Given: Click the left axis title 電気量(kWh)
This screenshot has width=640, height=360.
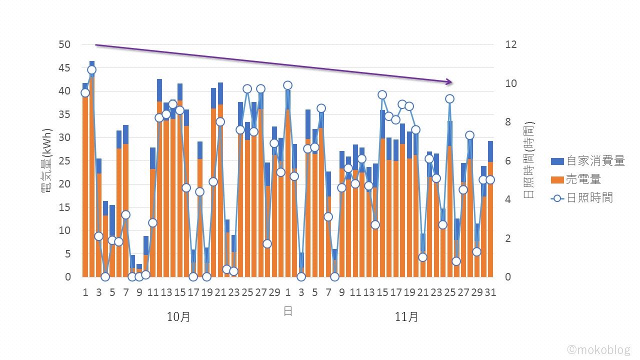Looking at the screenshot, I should coord(48,160).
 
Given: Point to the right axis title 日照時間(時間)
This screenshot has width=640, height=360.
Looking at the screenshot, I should coord(529,160).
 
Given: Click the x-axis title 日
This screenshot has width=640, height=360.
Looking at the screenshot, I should coord(288,311).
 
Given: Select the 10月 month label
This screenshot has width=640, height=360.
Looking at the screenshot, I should coord(178,317).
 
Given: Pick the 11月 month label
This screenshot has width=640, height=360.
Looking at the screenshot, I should coord(406,317).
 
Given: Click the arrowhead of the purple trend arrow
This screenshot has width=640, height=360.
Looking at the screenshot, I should coord(449,82).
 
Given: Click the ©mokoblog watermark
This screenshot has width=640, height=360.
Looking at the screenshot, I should coord(598,349).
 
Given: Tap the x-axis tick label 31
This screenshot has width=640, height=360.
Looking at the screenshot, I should coord(490,292).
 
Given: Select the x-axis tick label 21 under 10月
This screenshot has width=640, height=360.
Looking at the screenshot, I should coord(220,292).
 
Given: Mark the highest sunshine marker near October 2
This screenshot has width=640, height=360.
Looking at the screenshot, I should coord(91,70).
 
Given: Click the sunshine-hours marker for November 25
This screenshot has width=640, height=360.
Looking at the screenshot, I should coord(449,99).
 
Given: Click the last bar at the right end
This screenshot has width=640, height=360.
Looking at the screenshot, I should coord(490,210).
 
